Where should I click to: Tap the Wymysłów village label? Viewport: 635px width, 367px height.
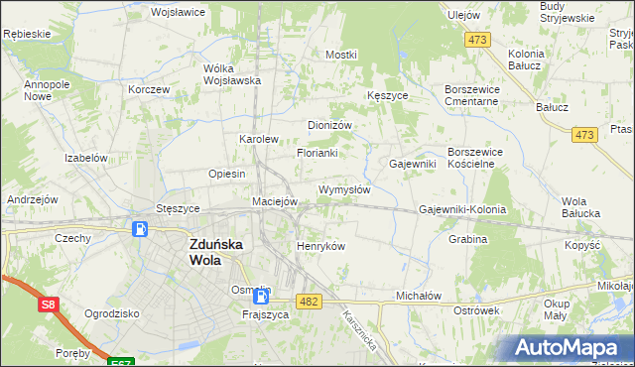[x=344, y=189]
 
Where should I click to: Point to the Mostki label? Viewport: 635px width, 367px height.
[x=340, y=55]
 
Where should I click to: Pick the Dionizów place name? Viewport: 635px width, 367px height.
[x=330, y=126]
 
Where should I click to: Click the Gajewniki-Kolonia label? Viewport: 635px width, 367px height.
[x=462, y=210]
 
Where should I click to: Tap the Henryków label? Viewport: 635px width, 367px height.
[x=320, y=246]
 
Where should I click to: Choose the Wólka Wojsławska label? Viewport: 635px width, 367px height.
[x=231, y=74]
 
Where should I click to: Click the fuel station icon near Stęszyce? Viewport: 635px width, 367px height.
[x=141, y=230]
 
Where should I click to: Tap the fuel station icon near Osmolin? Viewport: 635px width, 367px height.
[x=261, y=296]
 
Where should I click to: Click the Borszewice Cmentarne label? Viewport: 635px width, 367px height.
[x=476, y=95]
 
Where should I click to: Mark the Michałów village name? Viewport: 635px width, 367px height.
[x=418, y=296]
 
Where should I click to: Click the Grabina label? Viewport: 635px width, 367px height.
[x=467, y=239]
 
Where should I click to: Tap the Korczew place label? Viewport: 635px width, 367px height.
[x=149, y=88]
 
